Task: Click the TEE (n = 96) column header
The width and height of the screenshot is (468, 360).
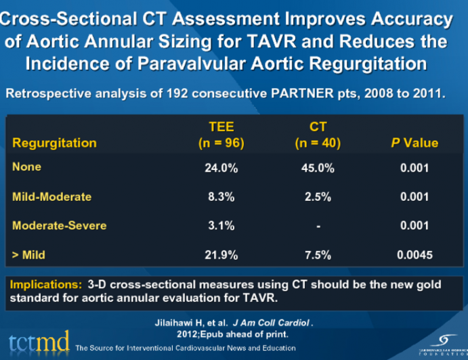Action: tap(221, 135)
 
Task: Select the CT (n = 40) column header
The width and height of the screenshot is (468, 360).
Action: tap(318, 135)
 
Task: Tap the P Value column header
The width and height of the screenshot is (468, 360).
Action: tap(413, 143)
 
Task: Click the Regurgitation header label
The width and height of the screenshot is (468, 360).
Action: tap(54, 143)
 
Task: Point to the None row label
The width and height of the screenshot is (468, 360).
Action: tap(26, 166)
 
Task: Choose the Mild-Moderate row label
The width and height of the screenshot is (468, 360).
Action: tap(51, 196)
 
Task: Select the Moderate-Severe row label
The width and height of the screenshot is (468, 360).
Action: tap(59, 225)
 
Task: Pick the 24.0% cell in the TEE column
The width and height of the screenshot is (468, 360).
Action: tap(221, 167)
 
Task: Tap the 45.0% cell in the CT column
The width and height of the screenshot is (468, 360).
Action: tap(318, 167)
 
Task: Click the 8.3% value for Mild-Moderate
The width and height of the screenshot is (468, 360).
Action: tap(221, 197)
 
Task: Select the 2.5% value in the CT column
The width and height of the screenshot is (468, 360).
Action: tap(318, 197)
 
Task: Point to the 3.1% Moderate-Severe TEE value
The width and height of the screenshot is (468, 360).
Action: tap(221, 225)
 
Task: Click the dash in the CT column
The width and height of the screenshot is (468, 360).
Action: tap(318, 225)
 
